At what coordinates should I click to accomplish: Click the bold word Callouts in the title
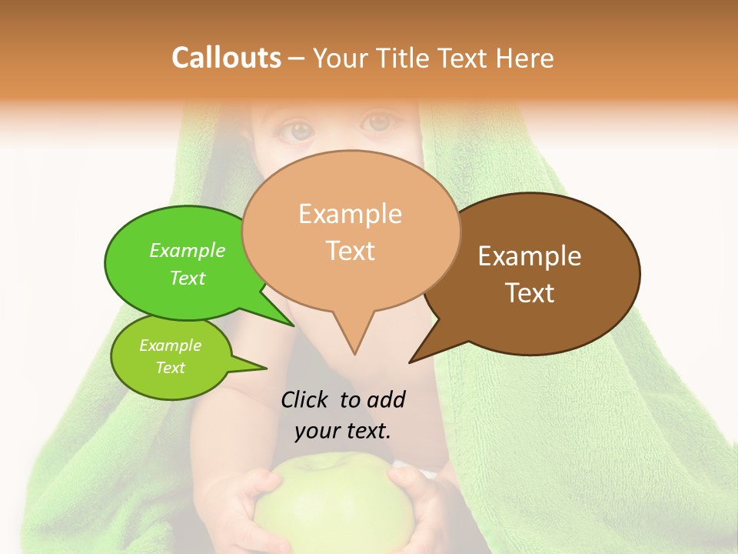[226, 58]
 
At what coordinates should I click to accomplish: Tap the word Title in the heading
[405, 58]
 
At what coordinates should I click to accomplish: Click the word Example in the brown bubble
[530, 256]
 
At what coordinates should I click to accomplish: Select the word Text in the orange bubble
[351, 251]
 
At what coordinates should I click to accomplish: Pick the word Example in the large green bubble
[188, 251]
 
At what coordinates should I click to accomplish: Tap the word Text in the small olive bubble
[170, 368]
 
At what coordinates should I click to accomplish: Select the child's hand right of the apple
[419, 500]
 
